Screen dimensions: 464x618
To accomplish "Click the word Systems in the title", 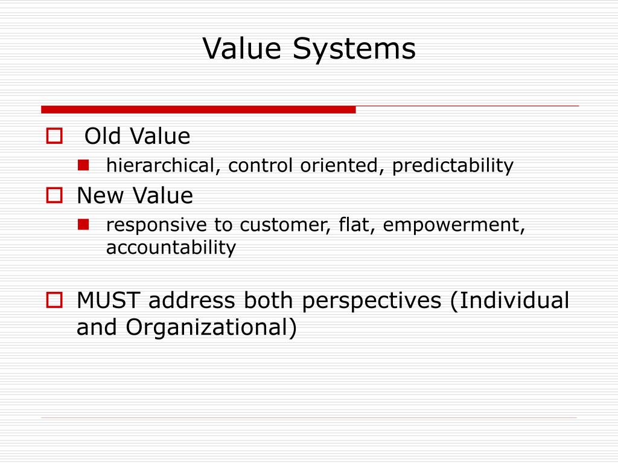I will pos(354,49).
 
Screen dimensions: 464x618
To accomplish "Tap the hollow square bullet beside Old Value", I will pos(55,137).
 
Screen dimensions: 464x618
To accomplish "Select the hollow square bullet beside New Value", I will pos(55,196).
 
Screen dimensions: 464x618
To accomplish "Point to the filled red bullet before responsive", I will pos(84,225).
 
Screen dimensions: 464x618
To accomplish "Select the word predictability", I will pos(453,166).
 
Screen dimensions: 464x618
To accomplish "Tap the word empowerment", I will pos(454,225).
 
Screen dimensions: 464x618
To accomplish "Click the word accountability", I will pos(171,248).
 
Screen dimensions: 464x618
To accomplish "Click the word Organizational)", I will pos(211,327).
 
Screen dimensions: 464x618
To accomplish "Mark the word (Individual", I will pos(509,300).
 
